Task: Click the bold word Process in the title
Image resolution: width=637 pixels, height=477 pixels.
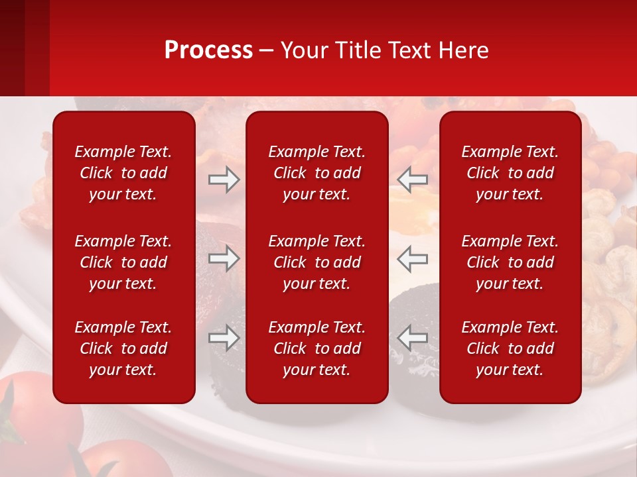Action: (208, 50)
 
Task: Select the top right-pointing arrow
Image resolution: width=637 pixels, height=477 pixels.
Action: (224, 180)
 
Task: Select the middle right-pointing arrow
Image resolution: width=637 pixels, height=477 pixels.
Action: (224, 258)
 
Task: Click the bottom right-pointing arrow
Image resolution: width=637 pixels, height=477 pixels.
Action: (224, 338)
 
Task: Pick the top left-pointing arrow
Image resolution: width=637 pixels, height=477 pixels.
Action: (412, 180)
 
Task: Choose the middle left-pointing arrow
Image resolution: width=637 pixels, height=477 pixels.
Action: (412, 258)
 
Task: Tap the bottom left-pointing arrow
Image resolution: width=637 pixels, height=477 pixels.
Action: (412, 338)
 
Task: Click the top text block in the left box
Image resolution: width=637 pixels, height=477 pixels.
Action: (123, 173)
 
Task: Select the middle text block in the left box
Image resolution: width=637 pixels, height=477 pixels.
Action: (123, 262)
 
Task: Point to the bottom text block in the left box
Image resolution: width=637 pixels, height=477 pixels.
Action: (123, 348)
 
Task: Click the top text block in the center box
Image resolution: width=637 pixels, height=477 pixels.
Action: (317, 173)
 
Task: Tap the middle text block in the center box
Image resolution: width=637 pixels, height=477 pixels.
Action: (317, 262)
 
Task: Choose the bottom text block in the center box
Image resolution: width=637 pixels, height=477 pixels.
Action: (317, 348)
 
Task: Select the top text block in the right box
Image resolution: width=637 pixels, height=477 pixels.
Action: (510, 173)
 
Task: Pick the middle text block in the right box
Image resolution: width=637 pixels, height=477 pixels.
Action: (510, 262)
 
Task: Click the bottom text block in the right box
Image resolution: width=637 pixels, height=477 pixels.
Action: (510, 348)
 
